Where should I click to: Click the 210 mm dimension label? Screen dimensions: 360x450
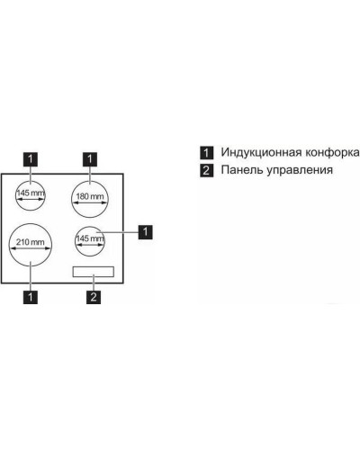tap(30, 242)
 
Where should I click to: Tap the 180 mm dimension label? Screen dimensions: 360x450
tap(90, 196)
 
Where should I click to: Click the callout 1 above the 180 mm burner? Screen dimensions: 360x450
tap(90, 159)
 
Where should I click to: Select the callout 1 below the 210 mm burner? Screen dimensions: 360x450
tap(31, 297)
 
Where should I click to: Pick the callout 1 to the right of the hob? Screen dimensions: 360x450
tap(145, 231)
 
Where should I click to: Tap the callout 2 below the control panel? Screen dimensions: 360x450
tap(94, 297)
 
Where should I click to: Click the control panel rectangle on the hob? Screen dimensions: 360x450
tap(94, 272)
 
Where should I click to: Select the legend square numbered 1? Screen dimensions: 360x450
tap(207, 153)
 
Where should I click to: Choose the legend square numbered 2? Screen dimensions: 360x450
tap(207, 171)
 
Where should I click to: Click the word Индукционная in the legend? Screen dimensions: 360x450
tap(261, 153)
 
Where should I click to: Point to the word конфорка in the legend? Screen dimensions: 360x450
tap(332, 153)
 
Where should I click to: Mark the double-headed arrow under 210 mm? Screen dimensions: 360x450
tap(30, 248)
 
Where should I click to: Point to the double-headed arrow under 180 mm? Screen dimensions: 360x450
tap(90, 202)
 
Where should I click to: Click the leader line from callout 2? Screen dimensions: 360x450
tap(94, 282)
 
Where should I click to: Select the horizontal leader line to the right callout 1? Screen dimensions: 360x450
tap(117, 232)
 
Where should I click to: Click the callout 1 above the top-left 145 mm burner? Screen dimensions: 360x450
tap(31, 159)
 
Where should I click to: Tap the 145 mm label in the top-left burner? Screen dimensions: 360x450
tap(31, 193)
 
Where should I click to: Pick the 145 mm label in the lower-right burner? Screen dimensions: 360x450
tap(90, 238)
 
